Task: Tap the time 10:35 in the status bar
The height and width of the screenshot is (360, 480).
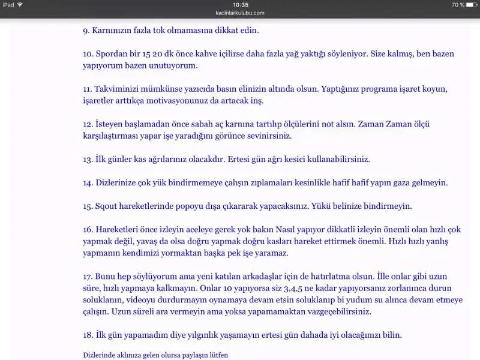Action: [x=240, y=4]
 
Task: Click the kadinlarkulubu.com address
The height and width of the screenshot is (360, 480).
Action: [x=240, y=12]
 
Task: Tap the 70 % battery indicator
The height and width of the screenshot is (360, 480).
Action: [x=458, y=4]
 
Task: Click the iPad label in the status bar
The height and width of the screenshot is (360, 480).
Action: [x=8, y=4]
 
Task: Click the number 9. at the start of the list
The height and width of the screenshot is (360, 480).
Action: [x=86, y=29]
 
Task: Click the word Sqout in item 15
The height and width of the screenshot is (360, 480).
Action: [x=106, y=206]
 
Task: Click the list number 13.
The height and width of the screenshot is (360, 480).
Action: [x=88, y=160]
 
